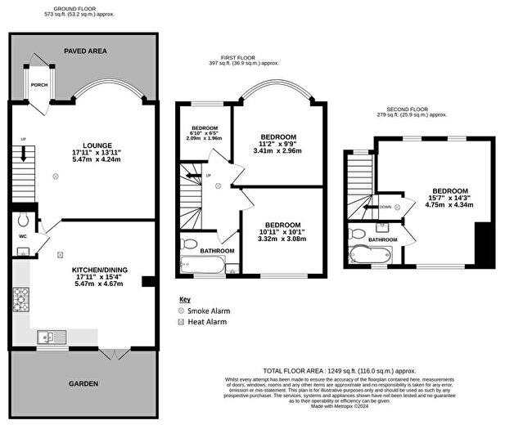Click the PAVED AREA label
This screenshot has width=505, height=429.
coord(85,51)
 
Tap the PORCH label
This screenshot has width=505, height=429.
coord(38,85)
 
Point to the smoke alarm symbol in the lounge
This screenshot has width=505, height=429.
coord(56,175)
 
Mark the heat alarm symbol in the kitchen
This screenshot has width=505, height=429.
coord(60,255)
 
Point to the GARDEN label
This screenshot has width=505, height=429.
coord(83,383)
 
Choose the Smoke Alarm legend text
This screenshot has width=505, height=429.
coord(209,311)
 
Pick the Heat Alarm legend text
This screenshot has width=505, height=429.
coord(206,324)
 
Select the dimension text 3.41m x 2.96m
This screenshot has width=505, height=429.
coord(278,151)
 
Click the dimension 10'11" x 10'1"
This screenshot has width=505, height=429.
coord(282,231)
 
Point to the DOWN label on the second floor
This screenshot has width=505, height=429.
coord(384,208)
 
